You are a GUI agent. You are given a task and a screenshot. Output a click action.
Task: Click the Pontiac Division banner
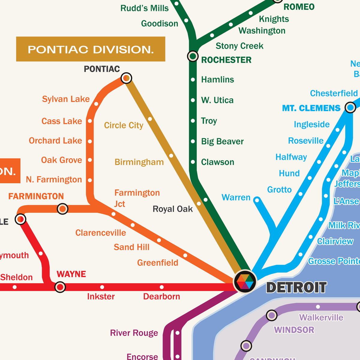click(91, 49)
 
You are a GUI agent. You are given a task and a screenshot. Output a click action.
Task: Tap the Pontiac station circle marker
click(126, 78)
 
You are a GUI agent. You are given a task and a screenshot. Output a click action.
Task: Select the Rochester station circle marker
click(193, 56)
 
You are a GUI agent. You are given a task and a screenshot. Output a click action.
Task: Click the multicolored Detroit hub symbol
click(245, 281)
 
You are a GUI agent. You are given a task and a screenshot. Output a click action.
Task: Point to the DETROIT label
click(296, 288)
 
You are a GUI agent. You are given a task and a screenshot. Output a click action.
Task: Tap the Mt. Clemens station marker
click(350, 107)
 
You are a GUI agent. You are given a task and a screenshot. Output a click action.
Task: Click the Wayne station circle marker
click(60, 287)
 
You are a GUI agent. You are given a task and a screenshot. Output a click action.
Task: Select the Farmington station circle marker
click(62, 208)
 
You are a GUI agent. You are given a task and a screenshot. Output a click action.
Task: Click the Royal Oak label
click(172, 209)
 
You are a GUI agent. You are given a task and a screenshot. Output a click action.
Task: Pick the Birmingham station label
click(139, 162)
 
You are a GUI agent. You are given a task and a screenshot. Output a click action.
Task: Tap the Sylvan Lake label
click(66, 99)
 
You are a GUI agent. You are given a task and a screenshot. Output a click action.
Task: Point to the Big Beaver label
click(222, 141)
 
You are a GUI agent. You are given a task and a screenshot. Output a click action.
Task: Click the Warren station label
click(236, 197)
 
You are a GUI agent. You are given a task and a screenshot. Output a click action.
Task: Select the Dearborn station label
click(161, 296)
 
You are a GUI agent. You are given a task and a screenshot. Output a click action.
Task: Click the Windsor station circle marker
click(271, 315)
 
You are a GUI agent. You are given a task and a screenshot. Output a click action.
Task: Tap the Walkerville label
click(321, 317)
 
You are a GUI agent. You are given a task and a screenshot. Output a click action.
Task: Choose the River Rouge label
click(134, 333)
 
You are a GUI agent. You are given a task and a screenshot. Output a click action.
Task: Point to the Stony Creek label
click(239, 46)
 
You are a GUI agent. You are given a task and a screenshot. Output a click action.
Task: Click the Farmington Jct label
click(137, 198)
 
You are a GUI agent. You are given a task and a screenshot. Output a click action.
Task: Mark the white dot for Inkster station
click(102, 287)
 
